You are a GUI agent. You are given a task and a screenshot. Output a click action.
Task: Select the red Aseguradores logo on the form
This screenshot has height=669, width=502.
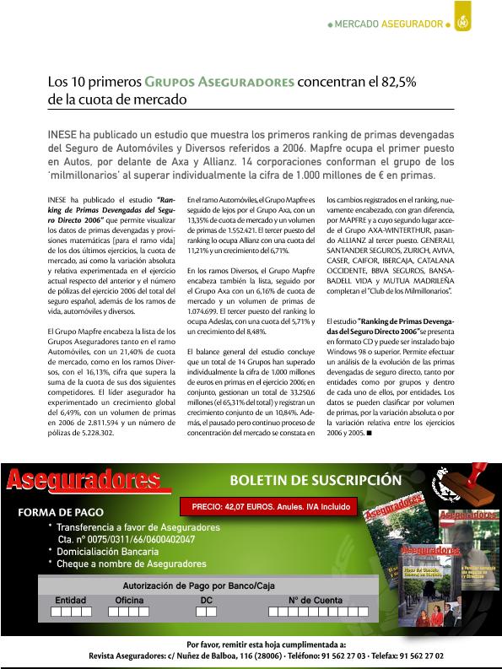[84, 480]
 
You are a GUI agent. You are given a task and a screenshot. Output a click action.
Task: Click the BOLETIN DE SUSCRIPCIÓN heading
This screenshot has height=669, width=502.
[316, 480]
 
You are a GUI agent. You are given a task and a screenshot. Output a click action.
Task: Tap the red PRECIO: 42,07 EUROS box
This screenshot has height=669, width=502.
[269, 509]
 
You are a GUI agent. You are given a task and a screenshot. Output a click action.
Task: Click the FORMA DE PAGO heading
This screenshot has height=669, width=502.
[61, 512]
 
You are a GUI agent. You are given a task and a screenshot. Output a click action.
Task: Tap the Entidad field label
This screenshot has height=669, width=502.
[71, 600]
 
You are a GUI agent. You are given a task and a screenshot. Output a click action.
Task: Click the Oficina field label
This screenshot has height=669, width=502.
[129, 600]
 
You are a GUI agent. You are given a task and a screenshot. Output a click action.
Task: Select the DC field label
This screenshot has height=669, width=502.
[206, 600]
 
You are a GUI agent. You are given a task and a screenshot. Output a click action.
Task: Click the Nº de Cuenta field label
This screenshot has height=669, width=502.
[316, 600]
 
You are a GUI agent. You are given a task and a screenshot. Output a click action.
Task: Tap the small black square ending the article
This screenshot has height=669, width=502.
[369, 432]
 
